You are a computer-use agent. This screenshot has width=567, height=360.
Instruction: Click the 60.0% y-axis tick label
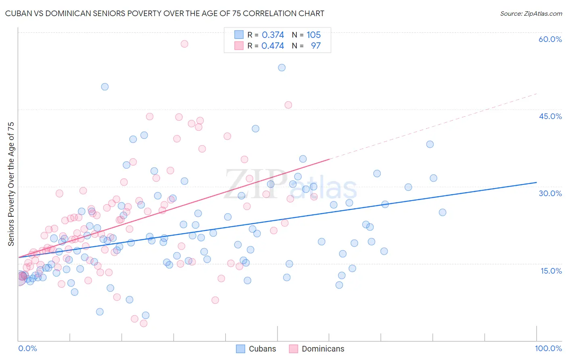point(550,39)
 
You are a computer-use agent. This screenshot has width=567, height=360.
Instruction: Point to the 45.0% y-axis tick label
point(550,116)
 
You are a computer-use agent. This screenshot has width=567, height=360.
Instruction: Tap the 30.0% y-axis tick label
point(550,193)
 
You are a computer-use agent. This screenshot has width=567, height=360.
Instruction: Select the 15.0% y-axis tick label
point(551,270)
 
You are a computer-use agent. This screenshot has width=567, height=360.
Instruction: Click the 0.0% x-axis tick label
point(27,348)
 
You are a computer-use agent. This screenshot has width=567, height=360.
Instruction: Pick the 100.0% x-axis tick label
point(548,348)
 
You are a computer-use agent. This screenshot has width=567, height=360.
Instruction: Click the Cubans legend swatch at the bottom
point(240,349)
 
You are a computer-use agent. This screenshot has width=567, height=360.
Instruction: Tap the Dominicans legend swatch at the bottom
point(293,349)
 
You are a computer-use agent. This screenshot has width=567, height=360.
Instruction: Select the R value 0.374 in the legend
point(273,35)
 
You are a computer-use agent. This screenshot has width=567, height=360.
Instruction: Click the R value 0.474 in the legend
point(273,46)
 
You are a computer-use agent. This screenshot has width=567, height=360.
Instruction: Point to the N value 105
point(313,35)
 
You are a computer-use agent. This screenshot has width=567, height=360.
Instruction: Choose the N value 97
point(315,46)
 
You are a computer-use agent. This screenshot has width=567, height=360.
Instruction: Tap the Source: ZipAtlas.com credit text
point(531,14)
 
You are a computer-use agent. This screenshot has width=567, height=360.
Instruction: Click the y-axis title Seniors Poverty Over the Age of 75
point(11,184)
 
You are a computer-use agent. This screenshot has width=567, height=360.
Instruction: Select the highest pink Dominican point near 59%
point(184,44)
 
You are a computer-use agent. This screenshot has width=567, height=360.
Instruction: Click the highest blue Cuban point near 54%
point(282,67)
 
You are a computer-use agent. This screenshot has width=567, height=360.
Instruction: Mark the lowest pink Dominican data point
point(144,323)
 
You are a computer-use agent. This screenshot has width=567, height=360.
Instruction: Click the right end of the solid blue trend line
point(536,182)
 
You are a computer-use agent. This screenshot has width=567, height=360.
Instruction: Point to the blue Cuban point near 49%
point(105,87)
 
